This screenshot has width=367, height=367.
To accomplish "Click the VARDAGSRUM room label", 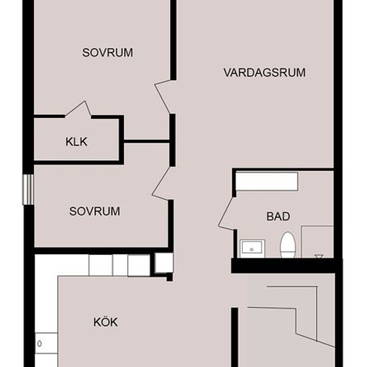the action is (264, 73).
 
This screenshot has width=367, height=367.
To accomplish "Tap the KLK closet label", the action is (76, 142).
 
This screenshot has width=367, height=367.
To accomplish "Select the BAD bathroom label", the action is (278, 216).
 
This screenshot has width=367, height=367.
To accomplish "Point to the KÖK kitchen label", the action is (105, 322).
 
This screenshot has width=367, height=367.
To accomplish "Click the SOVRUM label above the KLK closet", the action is (107, 53).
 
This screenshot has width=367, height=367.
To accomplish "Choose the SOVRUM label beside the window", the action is (95, 211).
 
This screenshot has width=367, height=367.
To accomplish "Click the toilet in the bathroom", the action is (288, 245).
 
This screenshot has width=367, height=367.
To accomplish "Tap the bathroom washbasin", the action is (252, 249).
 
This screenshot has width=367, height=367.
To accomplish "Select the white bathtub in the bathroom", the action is (267, 181).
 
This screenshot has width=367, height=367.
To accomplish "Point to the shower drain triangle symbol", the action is (319, 256).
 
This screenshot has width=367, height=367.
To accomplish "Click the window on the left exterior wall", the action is (28, 190).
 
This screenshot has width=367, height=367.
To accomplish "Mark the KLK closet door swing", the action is (78, 109).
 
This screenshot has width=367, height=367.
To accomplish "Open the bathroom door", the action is (227, 214).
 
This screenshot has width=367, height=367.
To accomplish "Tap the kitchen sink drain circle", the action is (39, 344).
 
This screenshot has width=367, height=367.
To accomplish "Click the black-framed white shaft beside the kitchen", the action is (164, 263).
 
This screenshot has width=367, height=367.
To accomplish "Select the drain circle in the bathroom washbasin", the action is (252, 250).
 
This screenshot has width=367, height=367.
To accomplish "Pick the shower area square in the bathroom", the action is (318, 242).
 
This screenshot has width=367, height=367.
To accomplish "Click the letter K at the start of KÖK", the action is (97, 322).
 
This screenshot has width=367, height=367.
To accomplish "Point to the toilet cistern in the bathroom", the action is (288, 254).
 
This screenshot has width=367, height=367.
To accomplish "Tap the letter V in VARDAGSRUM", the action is (228, 73).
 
